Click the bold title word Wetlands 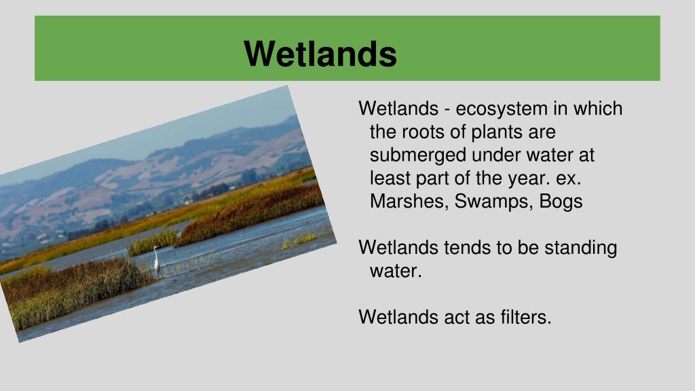coord(320,54)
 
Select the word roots coord(422,132)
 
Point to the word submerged coord(418,155)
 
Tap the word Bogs coord(561,202)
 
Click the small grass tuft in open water coord(299,240)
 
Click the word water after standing coord(396,272)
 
